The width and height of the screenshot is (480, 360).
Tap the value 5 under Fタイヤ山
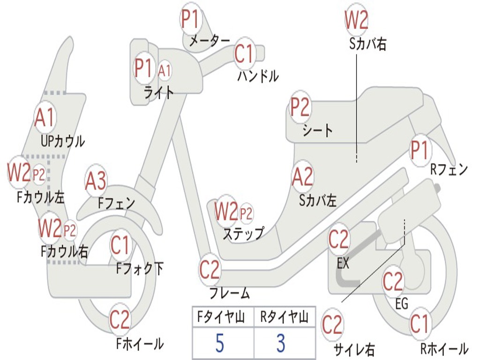(x=219, y=343)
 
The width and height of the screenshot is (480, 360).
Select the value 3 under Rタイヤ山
(x=281, y=343)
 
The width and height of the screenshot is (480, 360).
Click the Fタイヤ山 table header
(x=221, y=317)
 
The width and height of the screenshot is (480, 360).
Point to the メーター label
(x=210, y=41)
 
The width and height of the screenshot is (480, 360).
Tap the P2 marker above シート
(x=300, y=107)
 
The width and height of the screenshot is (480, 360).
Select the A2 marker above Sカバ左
(x=303, y=177)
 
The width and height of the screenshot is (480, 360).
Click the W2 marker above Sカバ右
(x=356, y=20)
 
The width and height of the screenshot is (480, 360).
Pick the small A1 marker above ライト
(x=165, y=71)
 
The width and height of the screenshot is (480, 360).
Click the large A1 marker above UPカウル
(x=45, y=118)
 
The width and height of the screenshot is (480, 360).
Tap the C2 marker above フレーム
(x=210, y=270)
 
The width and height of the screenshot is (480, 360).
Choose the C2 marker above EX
(x=338, y=240)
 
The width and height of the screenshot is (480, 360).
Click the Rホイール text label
(x=444, y=348)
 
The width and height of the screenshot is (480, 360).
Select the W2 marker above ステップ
(x=226, y=211)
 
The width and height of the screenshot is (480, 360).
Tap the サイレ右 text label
(x=354, y=349)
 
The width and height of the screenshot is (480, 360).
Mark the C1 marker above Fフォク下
(x=120, y=245)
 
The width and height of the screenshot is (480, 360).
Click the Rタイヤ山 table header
(x=285, y=317)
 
